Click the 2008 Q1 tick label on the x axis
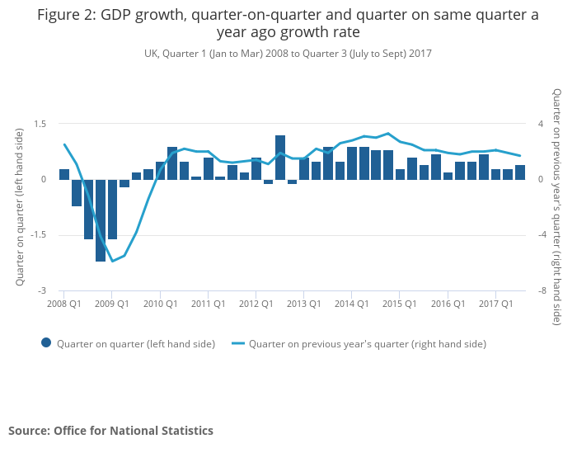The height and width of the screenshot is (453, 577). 63,304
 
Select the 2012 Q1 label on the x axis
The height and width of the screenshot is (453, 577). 256,304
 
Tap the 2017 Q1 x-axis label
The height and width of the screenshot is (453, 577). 495,304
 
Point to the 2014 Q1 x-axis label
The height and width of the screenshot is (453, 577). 352,304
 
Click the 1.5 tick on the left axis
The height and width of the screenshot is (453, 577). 40,124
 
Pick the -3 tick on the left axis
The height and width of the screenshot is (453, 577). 43,291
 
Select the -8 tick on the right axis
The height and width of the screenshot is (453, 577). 542,291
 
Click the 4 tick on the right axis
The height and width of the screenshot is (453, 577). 541,124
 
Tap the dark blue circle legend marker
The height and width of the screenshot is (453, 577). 46,343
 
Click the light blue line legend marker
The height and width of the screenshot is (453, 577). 239,343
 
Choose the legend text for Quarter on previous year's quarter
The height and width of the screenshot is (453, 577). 368,344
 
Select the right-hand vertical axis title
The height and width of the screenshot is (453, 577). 557,207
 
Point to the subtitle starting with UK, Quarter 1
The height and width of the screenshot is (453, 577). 288,54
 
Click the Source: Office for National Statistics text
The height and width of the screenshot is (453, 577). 110,431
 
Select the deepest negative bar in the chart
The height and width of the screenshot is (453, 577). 101,220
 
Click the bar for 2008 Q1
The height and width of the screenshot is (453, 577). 64,174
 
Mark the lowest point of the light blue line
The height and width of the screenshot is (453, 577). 112,262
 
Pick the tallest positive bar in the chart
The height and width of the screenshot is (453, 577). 280,157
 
